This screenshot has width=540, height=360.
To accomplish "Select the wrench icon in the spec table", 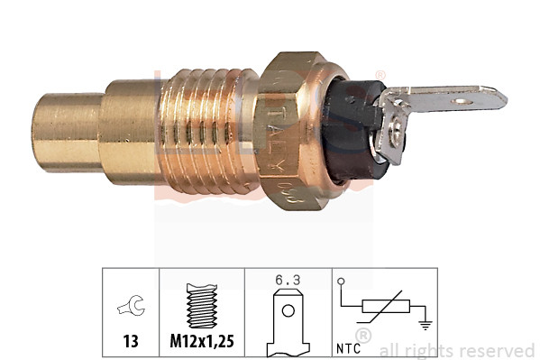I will [x=130, y=308].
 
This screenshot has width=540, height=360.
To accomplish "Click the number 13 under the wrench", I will [x=130, y=341].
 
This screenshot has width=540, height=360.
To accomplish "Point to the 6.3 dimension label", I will [x=287, y=280].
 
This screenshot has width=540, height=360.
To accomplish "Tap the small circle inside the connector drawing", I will [x=288, y=311].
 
